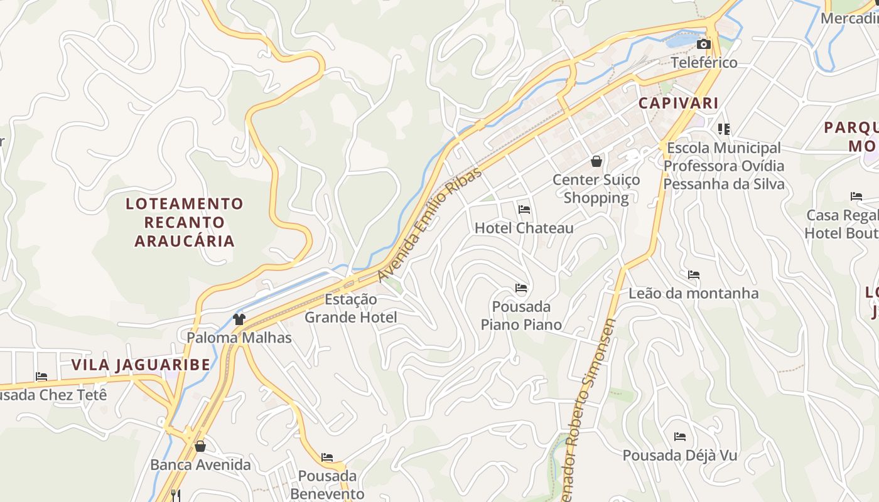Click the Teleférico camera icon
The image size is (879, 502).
[704, 44]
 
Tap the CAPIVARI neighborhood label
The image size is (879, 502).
[678, 103]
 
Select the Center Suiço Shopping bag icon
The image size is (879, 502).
[596, 161]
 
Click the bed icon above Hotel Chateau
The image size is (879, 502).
[524, 209]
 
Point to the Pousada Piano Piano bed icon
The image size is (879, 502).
[520, 288]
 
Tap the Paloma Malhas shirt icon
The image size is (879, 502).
[239, 319]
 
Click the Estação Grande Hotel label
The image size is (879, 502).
[351, 308]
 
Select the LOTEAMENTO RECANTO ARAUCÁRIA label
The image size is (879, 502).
[184, 222]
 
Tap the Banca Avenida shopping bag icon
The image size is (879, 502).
[200, 446]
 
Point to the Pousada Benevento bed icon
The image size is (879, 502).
[327, 457]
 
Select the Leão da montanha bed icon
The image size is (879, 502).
[693, 275]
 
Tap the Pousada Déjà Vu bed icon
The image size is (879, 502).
[679, 437]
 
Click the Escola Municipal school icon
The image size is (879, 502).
[724, 129]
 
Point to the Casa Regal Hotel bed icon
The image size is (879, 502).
[856, 196]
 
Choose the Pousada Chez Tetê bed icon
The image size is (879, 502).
[41, 376]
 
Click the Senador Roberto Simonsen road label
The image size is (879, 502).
[588, 408]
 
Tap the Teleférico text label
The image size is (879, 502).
[704, 63]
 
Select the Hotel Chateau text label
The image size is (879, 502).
[524, 228]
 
